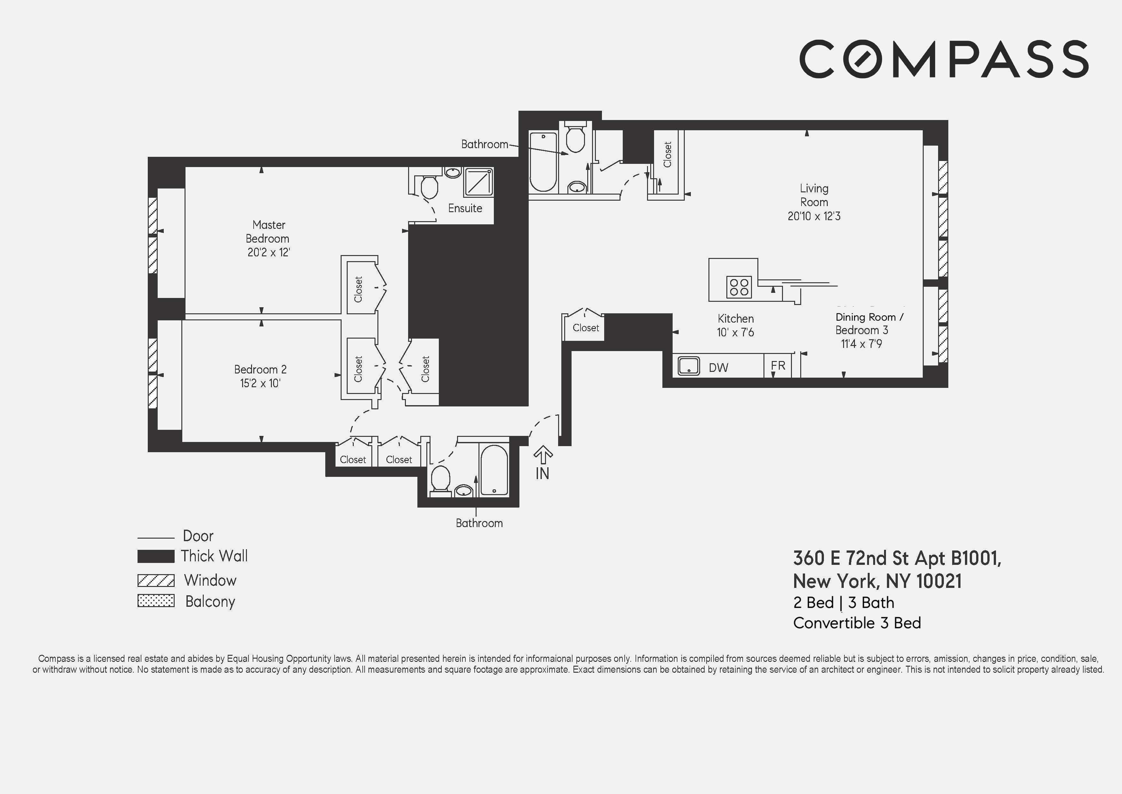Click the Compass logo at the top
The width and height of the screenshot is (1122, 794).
(944, 59)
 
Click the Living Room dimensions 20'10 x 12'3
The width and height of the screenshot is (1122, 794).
(814, 216)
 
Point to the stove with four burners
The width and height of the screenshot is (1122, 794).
(739, 287)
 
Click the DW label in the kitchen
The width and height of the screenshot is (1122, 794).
(718, 368)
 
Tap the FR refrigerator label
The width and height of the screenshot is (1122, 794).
(778, 365)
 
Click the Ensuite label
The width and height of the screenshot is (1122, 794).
(465, 208)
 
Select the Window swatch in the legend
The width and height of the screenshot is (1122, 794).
(156, 580)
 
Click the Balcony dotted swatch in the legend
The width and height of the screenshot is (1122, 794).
(156, 601)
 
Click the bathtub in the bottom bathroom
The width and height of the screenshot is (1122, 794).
(494, 470)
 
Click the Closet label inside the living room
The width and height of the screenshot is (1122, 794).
(668, 155)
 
